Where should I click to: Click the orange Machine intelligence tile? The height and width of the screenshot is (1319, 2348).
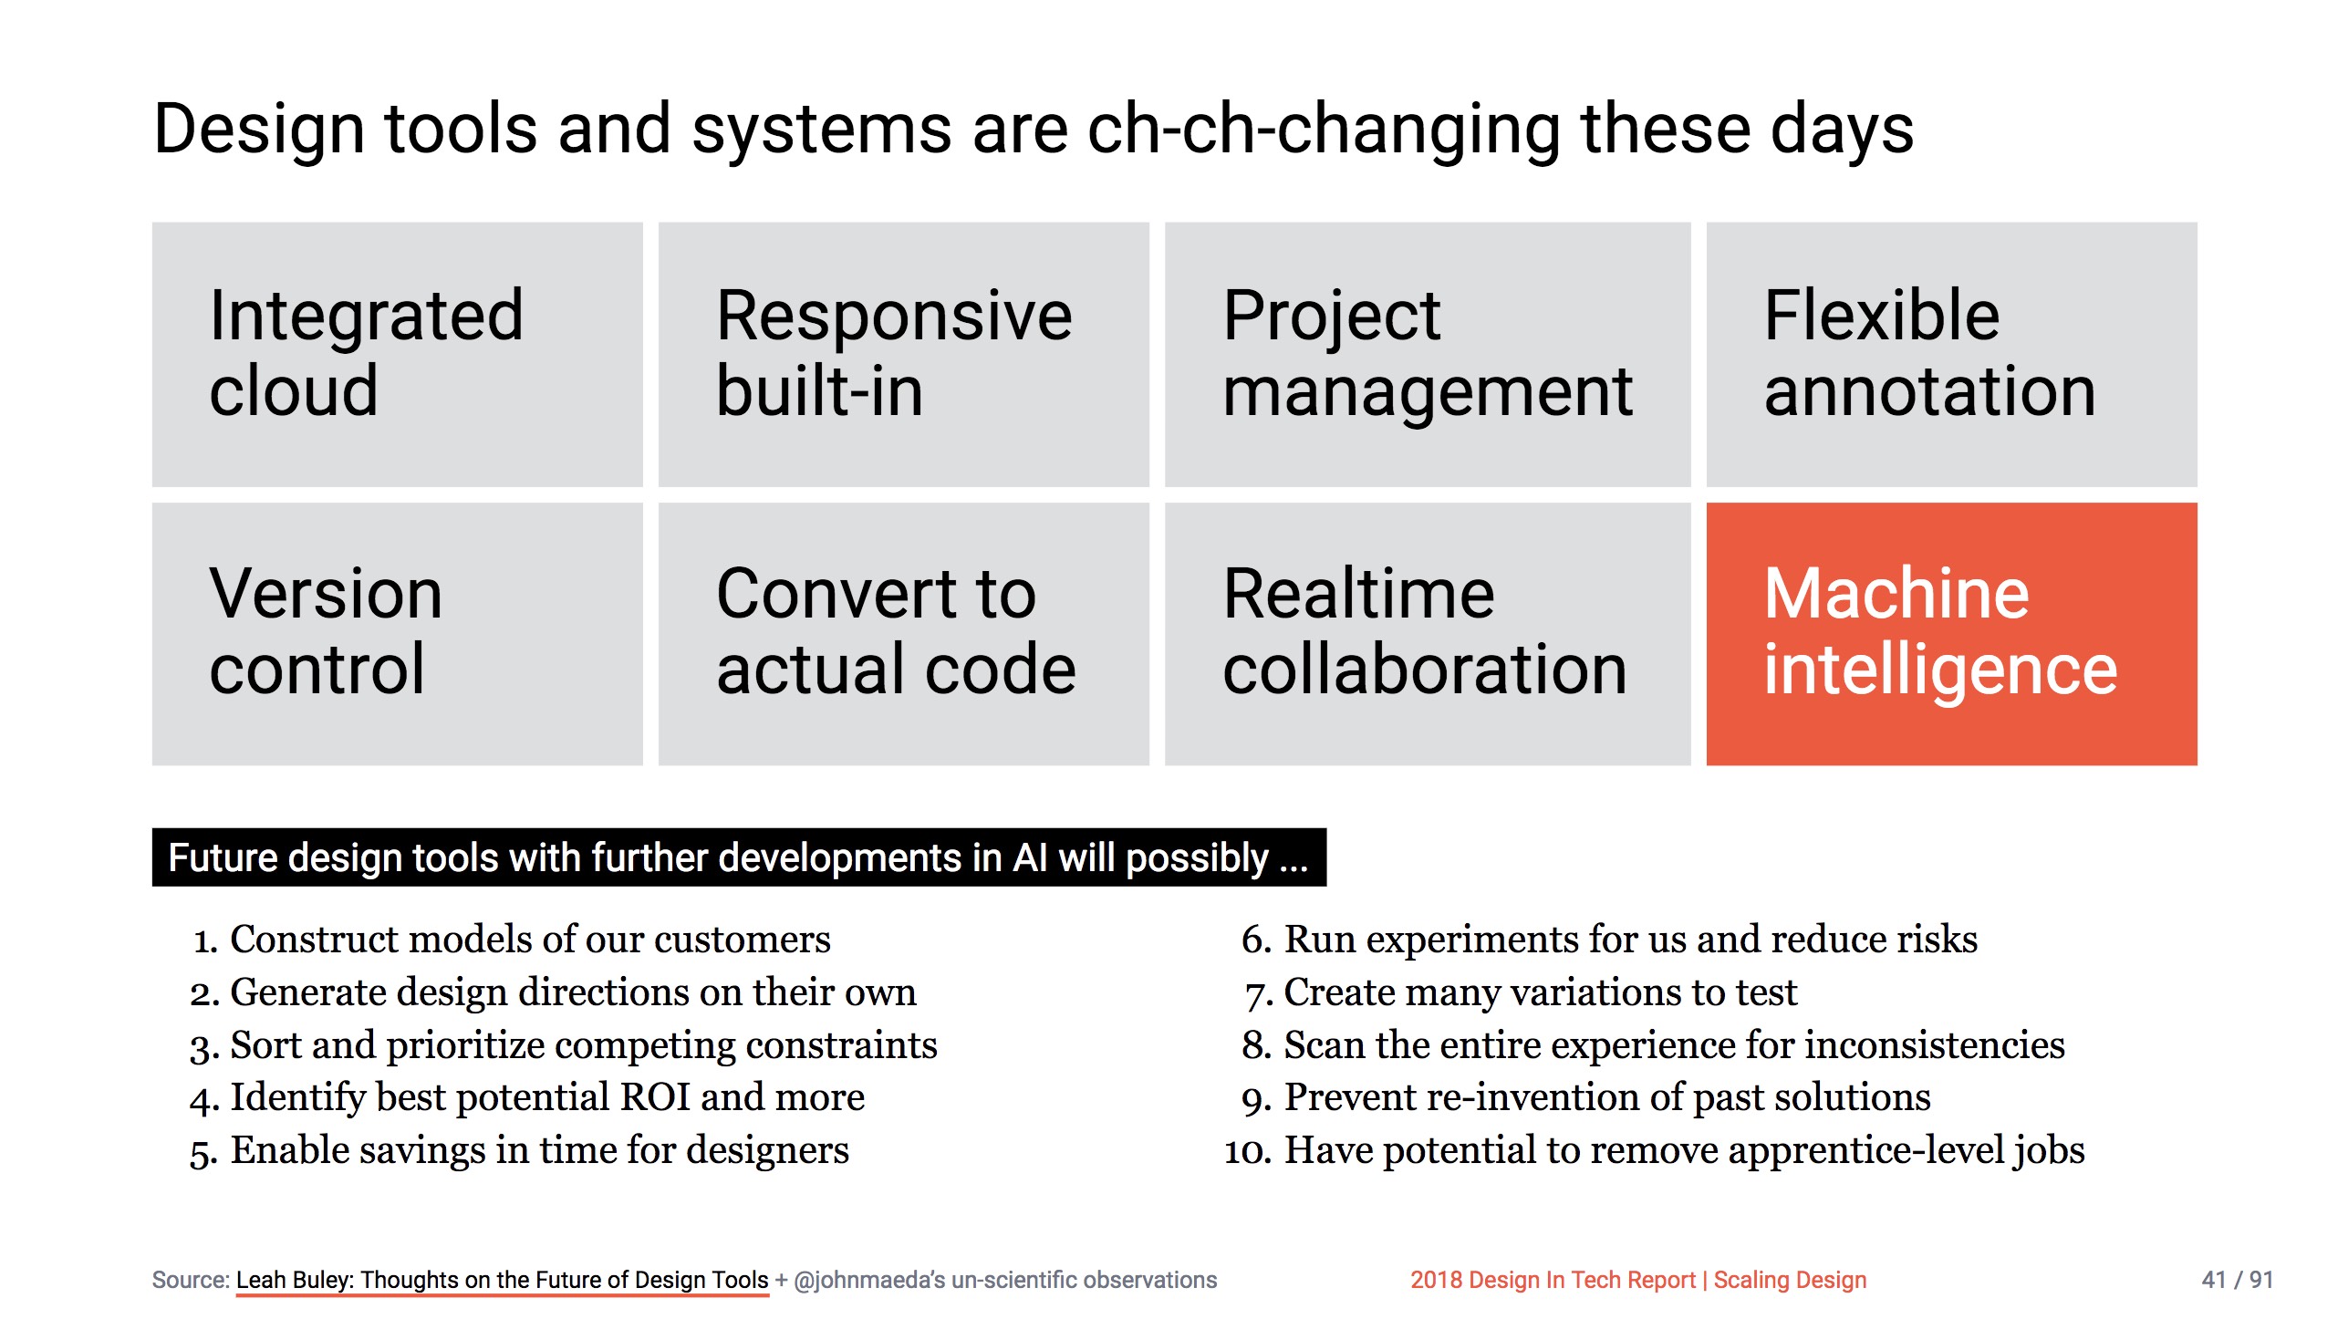1950,633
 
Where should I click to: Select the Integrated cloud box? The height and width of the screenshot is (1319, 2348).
397,354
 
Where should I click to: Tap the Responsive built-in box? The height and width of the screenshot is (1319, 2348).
903,354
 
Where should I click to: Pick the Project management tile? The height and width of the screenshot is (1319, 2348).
1427,354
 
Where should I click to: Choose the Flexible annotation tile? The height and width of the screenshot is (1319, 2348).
1950,354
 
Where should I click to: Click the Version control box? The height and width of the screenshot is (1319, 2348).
397,633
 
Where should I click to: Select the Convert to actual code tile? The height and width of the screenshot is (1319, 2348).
903,633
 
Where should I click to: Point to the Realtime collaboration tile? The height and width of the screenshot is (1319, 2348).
1427,633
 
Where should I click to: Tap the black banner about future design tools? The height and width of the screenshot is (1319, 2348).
738,857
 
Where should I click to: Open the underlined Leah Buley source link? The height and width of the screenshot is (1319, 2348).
502,1280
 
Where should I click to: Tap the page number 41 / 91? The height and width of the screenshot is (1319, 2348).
2236,1280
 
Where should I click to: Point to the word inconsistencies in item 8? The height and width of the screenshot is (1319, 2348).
1934,1044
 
